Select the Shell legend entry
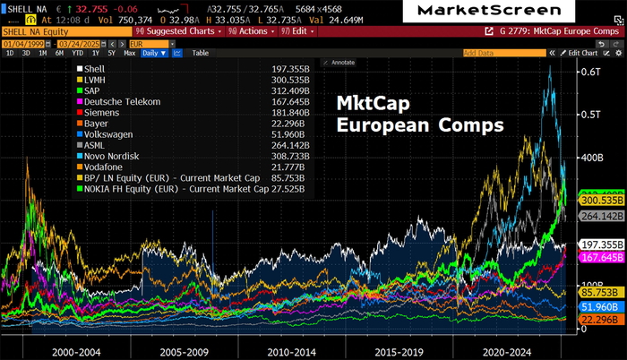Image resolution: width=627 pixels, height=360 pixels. [94, 68]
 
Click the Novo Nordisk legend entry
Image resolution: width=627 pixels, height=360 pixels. [110, 156]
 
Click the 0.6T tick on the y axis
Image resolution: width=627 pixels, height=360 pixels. [591, 72]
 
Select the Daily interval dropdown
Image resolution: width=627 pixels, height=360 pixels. [155, 53]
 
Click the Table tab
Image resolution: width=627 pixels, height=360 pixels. [201, 53]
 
